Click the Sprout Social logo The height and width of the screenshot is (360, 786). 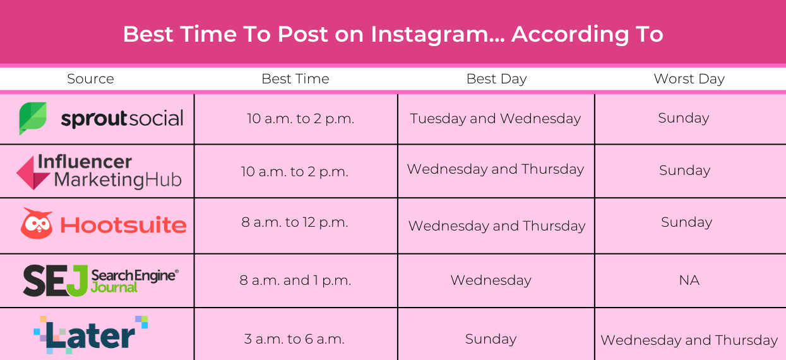101,119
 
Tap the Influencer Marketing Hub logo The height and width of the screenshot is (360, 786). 99,171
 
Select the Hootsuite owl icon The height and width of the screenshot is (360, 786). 37,224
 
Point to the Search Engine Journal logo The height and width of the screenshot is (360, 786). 101,280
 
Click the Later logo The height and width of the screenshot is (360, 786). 90,334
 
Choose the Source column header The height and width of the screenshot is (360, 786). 90,79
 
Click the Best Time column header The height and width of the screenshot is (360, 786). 295,79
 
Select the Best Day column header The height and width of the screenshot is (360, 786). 496,79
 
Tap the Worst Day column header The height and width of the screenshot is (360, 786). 689,79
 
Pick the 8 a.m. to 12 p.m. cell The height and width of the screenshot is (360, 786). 294,222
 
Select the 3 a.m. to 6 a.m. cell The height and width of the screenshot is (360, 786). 294,339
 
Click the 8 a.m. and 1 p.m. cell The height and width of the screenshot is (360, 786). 295,280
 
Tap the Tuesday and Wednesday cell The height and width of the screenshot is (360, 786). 495,119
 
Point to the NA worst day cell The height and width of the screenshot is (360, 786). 689,280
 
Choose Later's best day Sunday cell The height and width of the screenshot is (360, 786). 491,339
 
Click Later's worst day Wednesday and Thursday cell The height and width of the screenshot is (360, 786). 689,340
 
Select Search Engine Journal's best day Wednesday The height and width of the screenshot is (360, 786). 491,280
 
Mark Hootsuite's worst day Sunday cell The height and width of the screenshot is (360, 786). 686,222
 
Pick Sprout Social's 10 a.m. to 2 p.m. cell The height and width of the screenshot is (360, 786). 301,119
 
